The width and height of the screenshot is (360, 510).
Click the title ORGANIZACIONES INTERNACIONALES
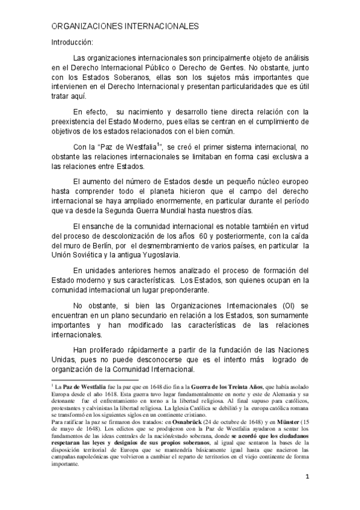pyautogui.click(x=124, y=28)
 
